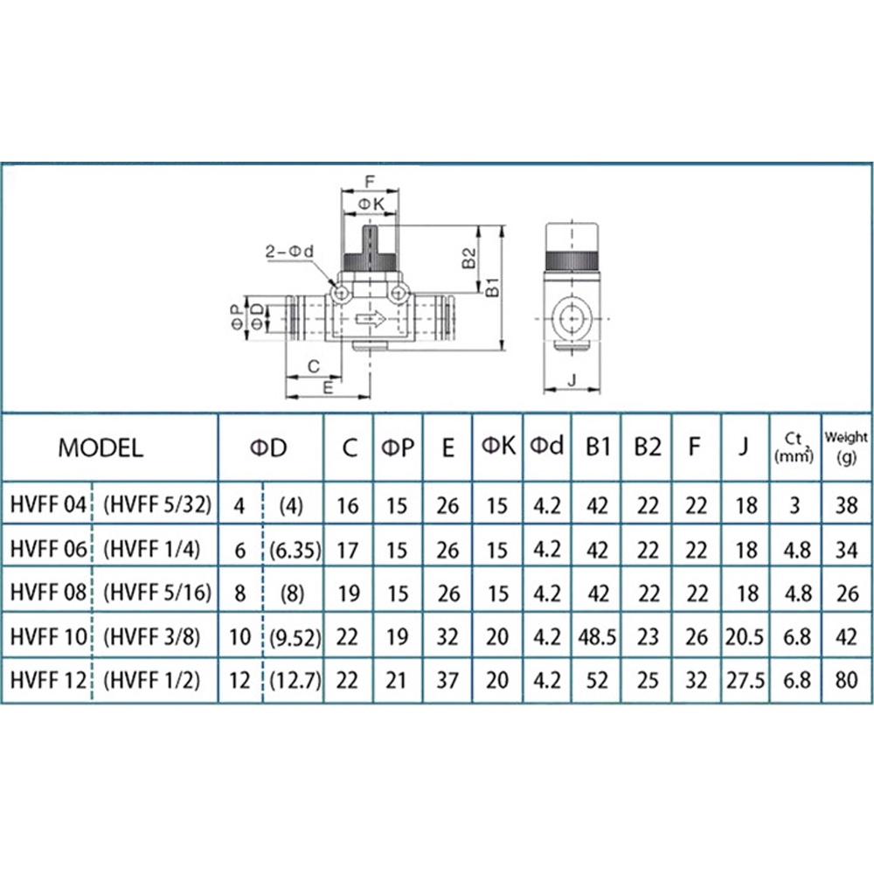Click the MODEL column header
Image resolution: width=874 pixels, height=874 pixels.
tap(101, 447)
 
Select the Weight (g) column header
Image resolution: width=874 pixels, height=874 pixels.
tap(846, 447)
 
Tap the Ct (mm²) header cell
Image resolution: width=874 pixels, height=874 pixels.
tap(794, 447)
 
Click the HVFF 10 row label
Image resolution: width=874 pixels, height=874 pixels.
tap(49, 636)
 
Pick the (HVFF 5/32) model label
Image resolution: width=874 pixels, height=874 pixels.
tap(157, 505)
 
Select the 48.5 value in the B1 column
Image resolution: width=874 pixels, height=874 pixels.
tap(597, 636)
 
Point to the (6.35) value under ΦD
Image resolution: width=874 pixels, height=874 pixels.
tap(295, 550)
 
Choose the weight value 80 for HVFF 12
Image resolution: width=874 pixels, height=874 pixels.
tap(846, 681)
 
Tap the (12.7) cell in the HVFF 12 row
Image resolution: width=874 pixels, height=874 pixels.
tap(295, 681)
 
